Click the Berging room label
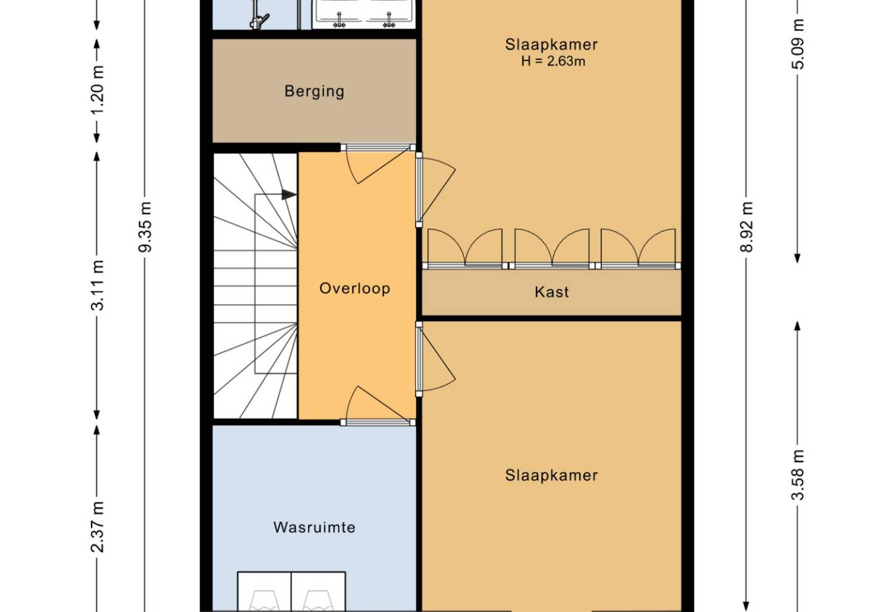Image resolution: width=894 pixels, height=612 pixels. (x=314, y=91)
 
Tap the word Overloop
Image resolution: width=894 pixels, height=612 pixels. (x=354, y=288)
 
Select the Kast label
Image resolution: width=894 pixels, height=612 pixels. (x=552, y=292)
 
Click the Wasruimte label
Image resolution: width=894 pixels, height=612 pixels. (x=314, y=527)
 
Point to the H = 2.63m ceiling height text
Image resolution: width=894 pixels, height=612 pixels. (x=553, y=61)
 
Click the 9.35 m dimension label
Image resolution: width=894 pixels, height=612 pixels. (x=145, y=227)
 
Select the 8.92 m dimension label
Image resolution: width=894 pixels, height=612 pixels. (x=746, y=227)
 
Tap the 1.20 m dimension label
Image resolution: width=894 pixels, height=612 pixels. (x=98, y=89)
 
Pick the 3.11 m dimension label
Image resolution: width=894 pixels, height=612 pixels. (x=98, y=285)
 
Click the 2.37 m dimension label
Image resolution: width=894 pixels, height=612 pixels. (x=98, y=527)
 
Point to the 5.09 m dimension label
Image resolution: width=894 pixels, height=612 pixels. (x=798, y=44)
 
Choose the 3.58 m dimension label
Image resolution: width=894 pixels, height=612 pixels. (x=798, y=474)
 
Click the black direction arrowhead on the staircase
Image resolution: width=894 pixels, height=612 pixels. (x=289, y=195)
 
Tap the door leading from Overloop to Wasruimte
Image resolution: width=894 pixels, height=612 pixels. (x=378, y=404)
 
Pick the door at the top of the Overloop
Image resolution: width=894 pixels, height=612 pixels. (x=378, y=164)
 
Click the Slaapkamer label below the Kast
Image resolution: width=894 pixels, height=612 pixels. (x=552, y=475)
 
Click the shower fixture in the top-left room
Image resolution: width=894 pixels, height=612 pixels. (x=259, y=16)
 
